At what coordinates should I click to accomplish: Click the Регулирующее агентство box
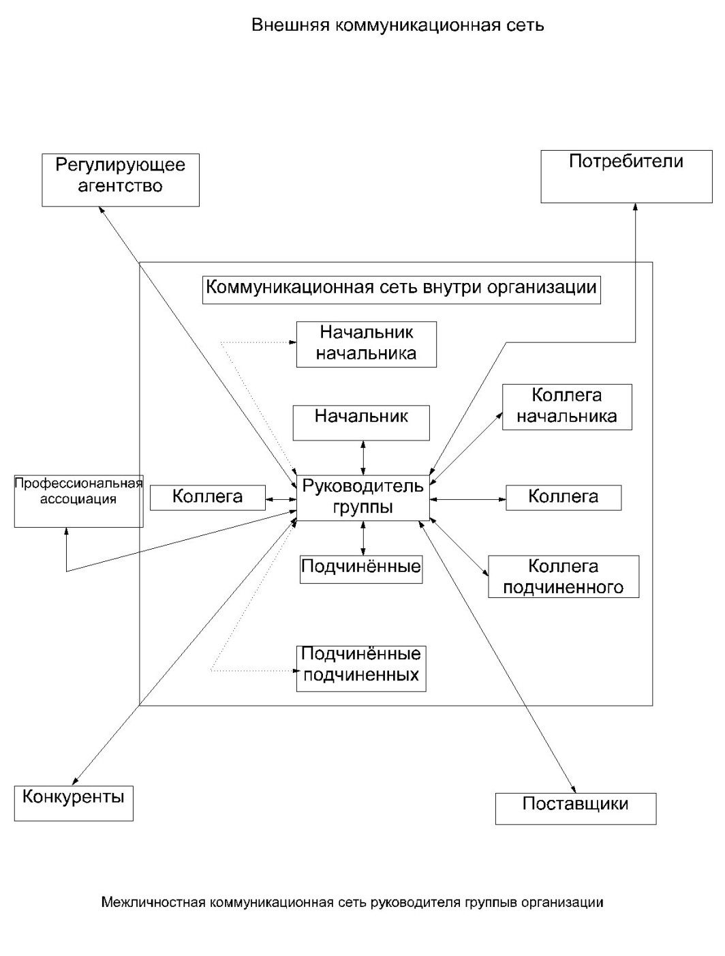coord(121,179)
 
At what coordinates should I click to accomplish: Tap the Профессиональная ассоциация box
coord(79,501)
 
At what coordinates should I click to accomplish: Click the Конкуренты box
coord(74,802)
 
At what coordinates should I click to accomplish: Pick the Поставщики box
coord(576,808)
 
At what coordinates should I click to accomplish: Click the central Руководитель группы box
coord(363,498)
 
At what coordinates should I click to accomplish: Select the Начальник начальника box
coord(367,344)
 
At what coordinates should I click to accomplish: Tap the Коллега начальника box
coord(567,407)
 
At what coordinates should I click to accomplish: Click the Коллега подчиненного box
coord(564,577)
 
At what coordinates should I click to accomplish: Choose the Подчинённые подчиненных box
coord(361,668)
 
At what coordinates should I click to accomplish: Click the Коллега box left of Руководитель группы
coord(207,497)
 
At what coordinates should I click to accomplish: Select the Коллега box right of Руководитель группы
coord(564,497)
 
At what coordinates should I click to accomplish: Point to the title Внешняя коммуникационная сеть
coord(398,26)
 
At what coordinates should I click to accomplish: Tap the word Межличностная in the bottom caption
coord(153,903)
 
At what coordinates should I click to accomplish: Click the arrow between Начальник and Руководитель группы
coord(363,458)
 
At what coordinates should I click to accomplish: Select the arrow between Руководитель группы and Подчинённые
coord(363,538)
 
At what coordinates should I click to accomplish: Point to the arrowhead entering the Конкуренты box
coord(75,782)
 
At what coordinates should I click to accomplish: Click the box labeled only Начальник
coord(361,423)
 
